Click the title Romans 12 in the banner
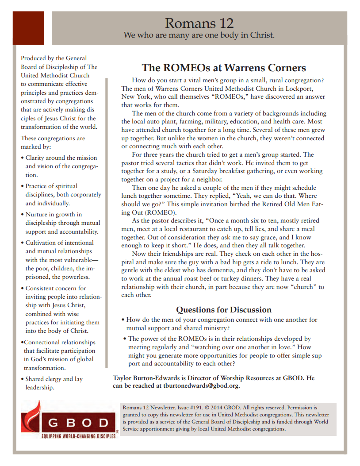click(199, 23)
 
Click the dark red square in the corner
click(28, 28)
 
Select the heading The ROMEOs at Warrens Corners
click(223, 68)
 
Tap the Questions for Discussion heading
click(223, 309)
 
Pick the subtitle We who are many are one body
click(199, 35)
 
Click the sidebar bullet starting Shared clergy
click(53, 383)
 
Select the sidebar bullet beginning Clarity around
click(61, 166)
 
